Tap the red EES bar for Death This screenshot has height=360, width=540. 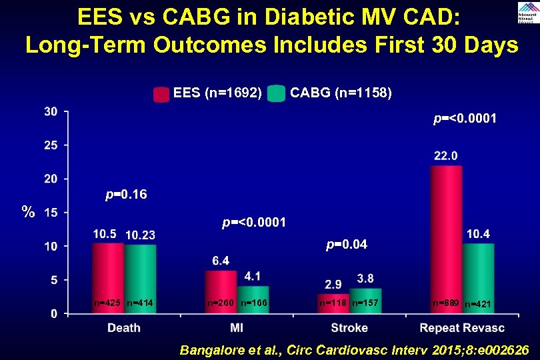(x=108, y=277)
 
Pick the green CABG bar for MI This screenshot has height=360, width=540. (x=253, y=299)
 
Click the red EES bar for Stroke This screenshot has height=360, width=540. (x=333, y=303)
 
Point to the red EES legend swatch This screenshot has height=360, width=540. (x=161, y=94)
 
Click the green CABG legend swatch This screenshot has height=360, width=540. (x=276, y=94)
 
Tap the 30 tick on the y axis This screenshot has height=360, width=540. (x=51, y=111)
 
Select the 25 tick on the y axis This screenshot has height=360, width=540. (x=51, y=145)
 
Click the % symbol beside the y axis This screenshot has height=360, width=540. (x=27, y=213)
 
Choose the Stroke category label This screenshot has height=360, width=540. (x=349, y=327)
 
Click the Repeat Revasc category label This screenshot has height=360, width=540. (x=462, y=327)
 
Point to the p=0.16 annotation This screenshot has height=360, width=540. (x=126, y=195)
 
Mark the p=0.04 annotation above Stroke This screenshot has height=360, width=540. (x=346, y=245)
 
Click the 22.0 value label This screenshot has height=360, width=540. (x=445, y=155)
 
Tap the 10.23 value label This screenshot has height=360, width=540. (x=141, y=235)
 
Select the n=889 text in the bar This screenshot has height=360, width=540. (x=445, y=303)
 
